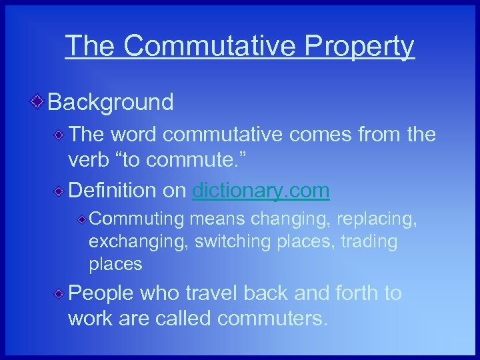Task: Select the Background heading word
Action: [x=111, y=102]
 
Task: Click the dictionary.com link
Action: [x=261, y=190]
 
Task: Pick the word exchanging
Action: [x=138, y=241]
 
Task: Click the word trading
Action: [x=369, y=241]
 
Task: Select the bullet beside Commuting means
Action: [x=81, y=218]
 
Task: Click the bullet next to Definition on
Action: [x=59, y=191]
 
